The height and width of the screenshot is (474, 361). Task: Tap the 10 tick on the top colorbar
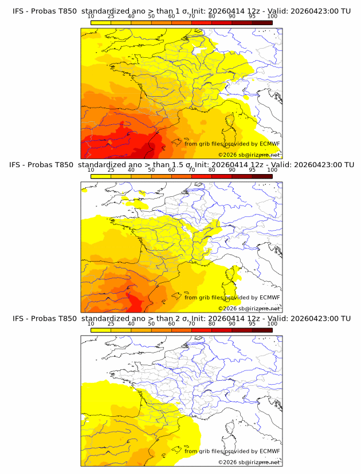pyautogui.click(x=91, y=17)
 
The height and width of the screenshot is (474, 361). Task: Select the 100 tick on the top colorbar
pyautogui.click(x=272, y=17)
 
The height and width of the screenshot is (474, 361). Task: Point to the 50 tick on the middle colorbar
pyautogui.click(x=151, y=170)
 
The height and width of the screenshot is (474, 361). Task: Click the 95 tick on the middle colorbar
pyautogui.click(x=252, y=170)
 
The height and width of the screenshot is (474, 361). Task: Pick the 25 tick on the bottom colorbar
pyautogui.click(x=111, y=324)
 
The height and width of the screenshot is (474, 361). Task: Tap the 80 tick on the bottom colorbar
pyautogui.click(x=212, y=324)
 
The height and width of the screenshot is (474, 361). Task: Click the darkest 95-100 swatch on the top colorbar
pyautogui.click(x=262, y=22)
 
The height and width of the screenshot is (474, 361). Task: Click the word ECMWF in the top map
pyautogui.click(x=269, y=144)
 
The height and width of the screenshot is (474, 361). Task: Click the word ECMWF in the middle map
pyautogui.click(x=269, y=297)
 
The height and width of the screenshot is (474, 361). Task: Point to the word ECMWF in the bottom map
pyautogui.click(x=269, y=451)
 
